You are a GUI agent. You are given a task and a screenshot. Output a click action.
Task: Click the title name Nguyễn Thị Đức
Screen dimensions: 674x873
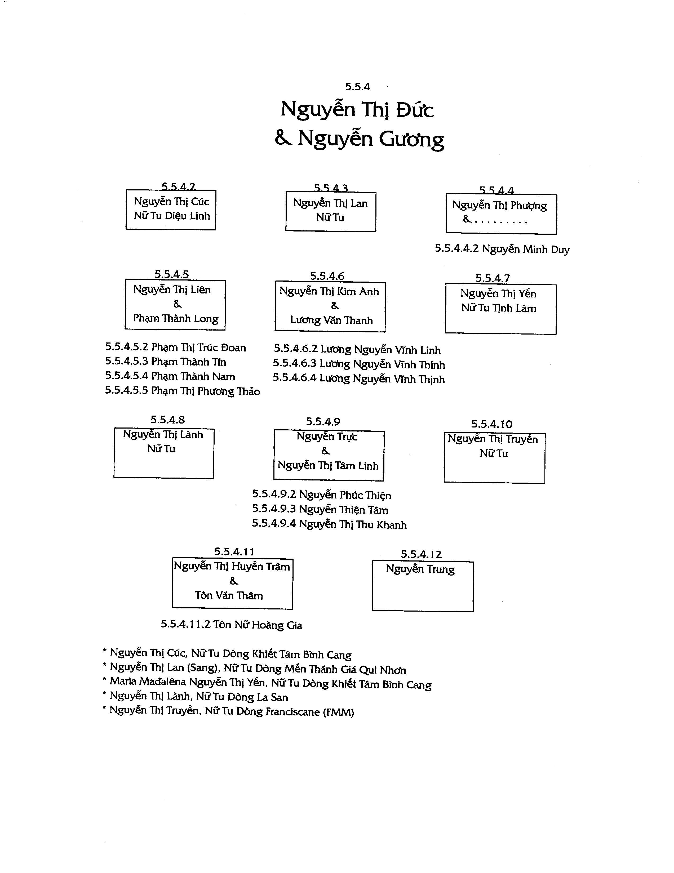tap(357, 109)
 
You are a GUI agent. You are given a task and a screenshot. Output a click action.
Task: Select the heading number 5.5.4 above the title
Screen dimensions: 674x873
tap(358, 86)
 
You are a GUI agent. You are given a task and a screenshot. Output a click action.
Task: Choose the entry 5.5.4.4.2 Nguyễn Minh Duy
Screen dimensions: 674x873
tap(502, 249)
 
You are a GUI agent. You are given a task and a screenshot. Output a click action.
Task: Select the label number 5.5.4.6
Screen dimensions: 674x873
tap(327, 276)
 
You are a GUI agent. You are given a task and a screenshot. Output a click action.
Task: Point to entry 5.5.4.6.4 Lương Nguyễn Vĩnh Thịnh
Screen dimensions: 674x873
tap(358, 378)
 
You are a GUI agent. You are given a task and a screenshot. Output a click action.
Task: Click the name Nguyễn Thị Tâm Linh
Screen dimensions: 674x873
tap(328, 465)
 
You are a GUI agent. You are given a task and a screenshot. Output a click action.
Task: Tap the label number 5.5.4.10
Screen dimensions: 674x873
tap(491, 424)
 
